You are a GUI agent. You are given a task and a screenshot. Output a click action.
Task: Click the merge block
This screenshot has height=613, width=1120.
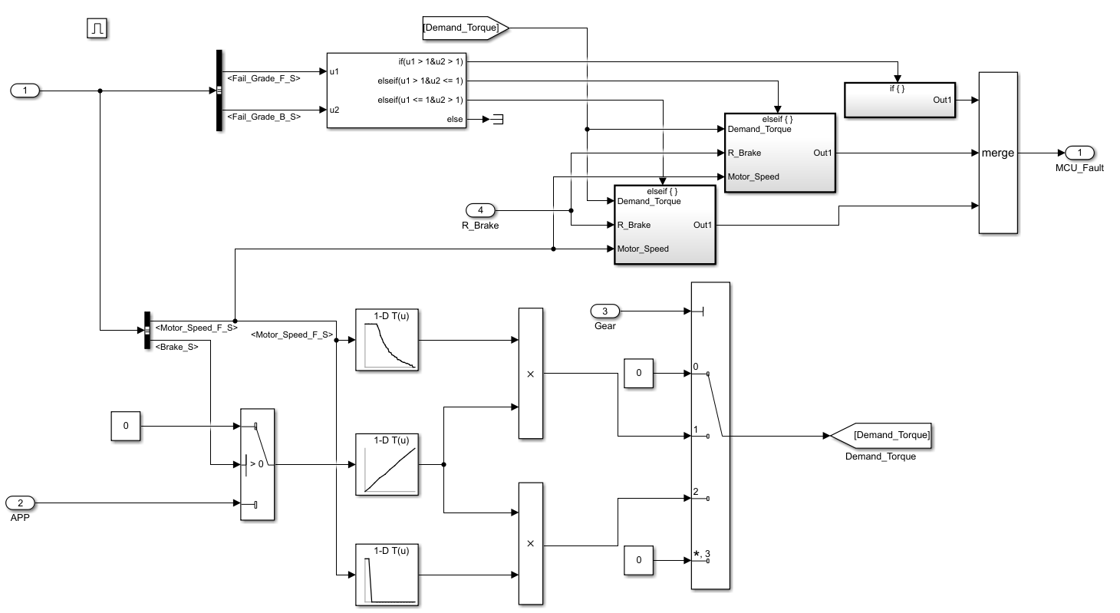(x=997, y=153)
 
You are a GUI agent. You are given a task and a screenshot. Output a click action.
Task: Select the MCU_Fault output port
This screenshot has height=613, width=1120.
(x=1080, y=153)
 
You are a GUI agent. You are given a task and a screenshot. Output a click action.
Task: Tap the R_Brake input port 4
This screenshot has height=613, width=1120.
(x=481, y=210)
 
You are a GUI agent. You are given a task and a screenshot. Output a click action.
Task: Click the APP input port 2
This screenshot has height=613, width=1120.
(x=21, y=503)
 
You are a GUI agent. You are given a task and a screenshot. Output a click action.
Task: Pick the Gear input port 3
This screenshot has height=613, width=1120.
(x=604, y=311)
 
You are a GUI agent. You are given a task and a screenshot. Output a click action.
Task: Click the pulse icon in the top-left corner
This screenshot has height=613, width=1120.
(x=97, y=29)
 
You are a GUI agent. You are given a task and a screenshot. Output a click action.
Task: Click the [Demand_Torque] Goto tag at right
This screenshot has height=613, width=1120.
(x=881, y=435)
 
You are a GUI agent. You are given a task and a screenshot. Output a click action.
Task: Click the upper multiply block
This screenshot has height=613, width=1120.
(x=530, y=374)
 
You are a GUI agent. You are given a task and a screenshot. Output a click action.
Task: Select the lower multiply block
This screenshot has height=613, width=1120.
(x=530, y=543)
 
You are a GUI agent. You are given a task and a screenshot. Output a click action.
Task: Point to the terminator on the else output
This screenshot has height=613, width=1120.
(x=497, y=120)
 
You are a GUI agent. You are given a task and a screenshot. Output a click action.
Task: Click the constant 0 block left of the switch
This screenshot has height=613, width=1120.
(x=126, y=427)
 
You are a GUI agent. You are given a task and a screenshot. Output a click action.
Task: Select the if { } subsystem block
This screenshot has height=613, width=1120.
(x=900, y=100)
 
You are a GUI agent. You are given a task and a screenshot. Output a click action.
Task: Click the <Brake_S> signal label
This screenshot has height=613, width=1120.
(x=176, y=347)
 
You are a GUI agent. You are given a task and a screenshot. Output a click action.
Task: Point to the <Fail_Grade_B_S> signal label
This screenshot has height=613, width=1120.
(x=264, y=117)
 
